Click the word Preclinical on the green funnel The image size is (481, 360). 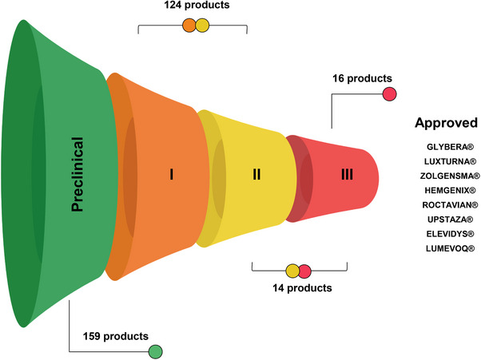(78, 174)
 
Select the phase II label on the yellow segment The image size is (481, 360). (256, 173)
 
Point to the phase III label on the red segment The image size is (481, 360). (346, 173)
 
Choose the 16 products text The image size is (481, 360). (363, 78)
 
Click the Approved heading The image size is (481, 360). (446, 124)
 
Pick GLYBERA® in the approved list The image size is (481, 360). (447, 148)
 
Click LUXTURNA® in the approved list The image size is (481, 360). (447, 162)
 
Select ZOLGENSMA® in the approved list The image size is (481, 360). (447, 176)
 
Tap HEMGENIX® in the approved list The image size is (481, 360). (447, 191)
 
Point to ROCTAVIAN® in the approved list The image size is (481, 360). (447, 205)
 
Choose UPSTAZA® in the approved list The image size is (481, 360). (447, 220)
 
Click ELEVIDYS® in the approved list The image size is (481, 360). (447, 235)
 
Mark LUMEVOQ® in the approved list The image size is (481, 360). (447, 249)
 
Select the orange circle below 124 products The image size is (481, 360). (189, 26)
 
